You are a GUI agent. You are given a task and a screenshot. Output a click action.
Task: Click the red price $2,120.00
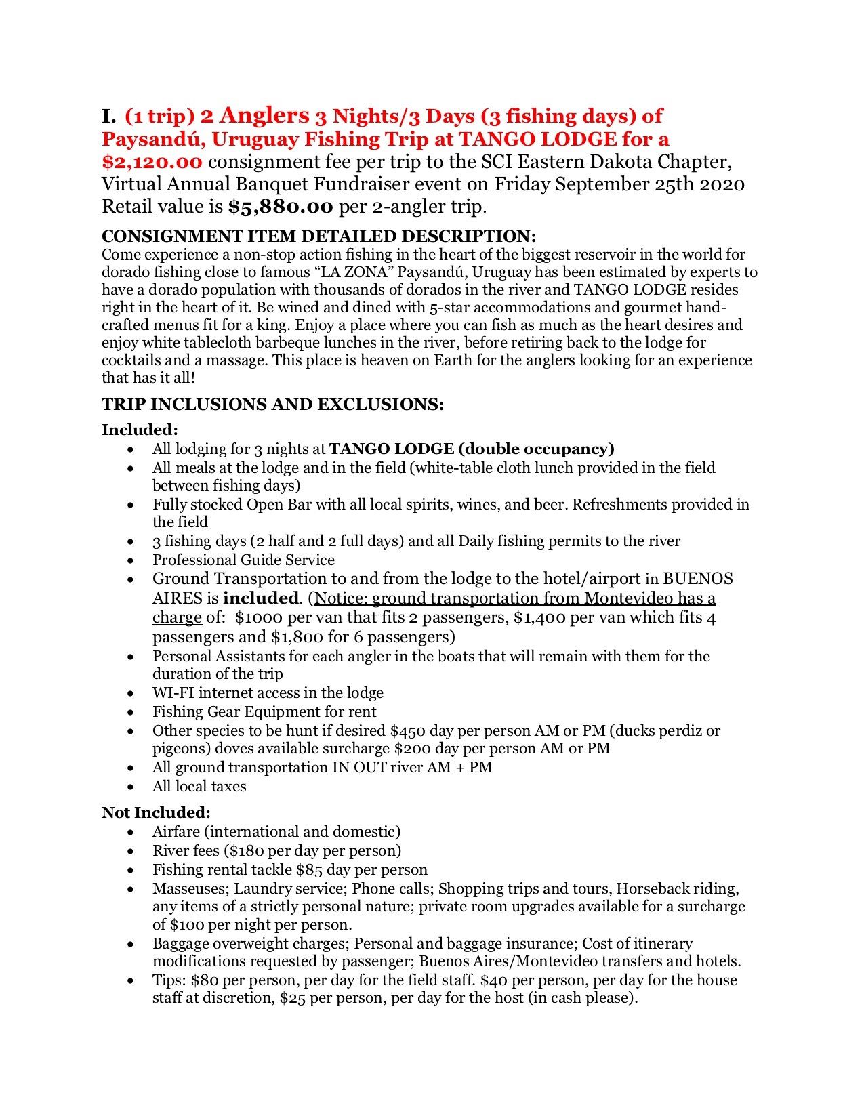[152, 162]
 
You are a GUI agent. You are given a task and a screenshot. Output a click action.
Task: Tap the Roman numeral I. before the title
[110, 117]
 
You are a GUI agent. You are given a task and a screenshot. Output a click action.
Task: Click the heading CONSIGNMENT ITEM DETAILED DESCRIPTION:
[318, 236]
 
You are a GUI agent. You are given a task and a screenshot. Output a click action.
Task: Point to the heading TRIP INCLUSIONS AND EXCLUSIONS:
[272, 405]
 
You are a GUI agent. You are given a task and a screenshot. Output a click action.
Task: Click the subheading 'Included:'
[140, 430]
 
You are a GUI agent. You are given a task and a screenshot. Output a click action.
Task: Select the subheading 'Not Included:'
[156, 812]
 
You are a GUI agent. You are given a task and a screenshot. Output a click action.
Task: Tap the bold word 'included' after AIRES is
[261, 598]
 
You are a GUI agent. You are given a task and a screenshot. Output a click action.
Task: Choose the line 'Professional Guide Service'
[243, 560]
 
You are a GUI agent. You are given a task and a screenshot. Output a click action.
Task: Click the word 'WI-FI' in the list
[173, 693]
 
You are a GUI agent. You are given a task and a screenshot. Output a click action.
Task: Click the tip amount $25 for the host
[292, 998]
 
